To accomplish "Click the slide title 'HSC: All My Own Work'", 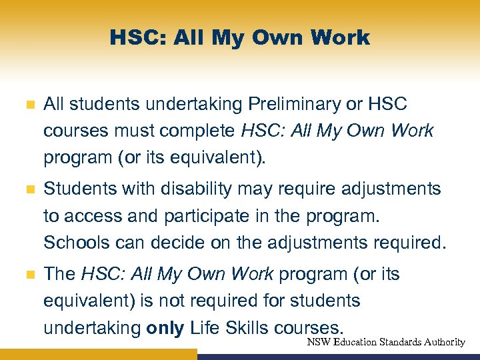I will point(240,38).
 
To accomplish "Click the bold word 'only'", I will point(165,328).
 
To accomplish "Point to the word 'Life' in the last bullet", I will point(205,328).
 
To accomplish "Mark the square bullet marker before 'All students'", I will point(27,105).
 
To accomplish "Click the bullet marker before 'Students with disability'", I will point(27,190).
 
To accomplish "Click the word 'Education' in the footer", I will point(355,342).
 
